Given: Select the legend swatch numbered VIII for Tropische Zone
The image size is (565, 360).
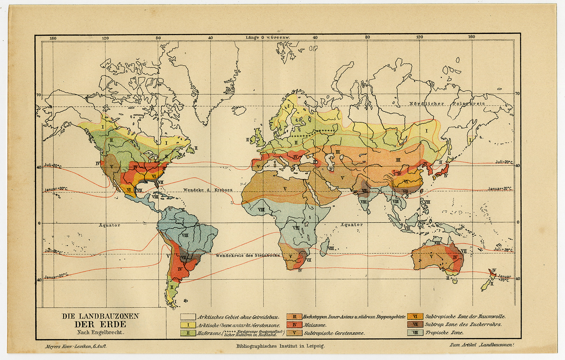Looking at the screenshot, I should click(415, 332).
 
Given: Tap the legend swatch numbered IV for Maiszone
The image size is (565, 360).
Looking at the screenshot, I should click(294, 325).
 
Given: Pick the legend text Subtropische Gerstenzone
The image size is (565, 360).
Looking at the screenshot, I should click(334, 333).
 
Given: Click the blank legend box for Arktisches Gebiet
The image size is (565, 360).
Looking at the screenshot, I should click(188, 317).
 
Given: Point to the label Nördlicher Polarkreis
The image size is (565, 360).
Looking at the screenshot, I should click(447, 103).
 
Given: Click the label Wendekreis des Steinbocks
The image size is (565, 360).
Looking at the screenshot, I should click(248, 255).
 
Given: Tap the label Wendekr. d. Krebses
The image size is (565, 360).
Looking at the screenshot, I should click(208, 190).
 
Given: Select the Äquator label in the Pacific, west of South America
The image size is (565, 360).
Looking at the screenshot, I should click(109, 225).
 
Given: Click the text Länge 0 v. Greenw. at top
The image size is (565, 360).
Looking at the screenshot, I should click(268, 37).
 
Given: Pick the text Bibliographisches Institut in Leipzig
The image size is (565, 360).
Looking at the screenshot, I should click(280, 346).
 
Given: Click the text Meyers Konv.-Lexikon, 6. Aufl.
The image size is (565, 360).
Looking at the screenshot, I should click(76, 346).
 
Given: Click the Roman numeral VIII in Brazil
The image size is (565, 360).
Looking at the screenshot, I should click(185, 235).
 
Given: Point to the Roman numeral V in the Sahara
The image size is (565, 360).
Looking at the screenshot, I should click(285, 189).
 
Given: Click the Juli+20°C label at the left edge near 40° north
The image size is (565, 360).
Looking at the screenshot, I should click(53, 166).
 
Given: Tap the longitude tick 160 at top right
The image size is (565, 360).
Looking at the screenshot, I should click(471, 37).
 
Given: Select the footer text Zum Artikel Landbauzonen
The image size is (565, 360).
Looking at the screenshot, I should click(481, 344).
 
